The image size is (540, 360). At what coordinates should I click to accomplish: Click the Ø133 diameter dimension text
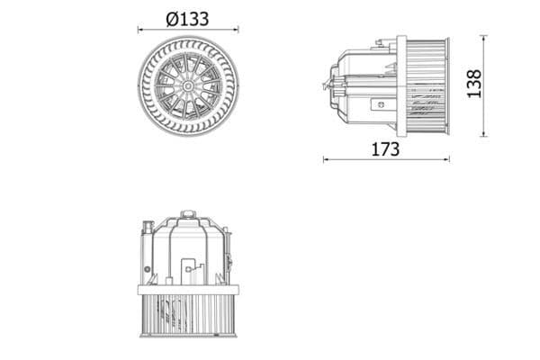click(187, 19)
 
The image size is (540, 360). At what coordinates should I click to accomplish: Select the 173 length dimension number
click(385, 149)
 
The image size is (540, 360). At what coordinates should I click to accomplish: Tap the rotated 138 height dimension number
click(474, 84)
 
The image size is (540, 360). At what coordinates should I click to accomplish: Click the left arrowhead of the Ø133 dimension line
click(140, 30)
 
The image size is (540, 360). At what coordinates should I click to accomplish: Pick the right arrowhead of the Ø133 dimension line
click(236, 30)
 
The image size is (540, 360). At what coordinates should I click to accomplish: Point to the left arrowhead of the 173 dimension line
click(326, 159)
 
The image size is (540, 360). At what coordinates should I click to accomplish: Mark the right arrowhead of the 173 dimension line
click(446, 159)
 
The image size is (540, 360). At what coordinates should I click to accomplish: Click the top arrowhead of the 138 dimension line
click(484, 38)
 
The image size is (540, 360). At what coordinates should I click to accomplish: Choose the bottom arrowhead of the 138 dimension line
click(484, 134)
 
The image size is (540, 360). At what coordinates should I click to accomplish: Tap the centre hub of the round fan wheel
click(188, 86)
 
